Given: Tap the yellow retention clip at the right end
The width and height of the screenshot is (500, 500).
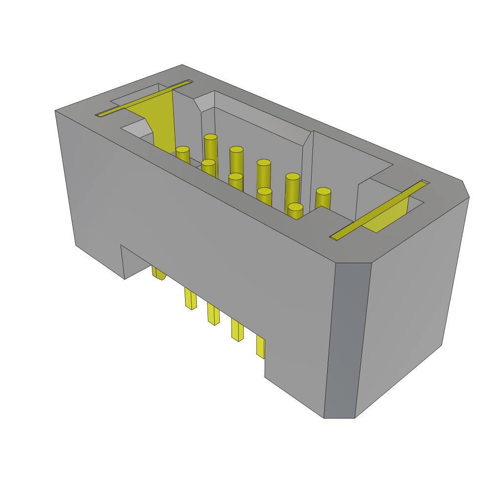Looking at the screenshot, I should tap(386, 215).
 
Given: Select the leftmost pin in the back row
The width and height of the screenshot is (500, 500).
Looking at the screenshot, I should tap(210, 146).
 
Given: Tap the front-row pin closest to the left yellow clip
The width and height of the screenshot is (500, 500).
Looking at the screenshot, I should tap(183, 154).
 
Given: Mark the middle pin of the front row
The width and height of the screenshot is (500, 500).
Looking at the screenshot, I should tap(235, 181).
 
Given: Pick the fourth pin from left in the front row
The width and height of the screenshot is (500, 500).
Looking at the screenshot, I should tap(264, 195).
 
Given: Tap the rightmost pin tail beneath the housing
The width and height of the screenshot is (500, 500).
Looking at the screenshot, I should tap(260, 346).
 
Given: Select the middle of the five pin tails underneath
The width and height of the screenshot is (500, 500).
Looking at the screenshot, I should tap(213, 314).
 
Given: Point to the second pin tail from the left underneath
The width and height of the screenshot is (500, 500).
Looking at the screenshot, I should tap(190, 298).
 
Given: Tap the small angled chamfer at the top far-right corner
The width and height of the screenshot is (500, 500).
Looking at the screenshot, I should tap(465, 189).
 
